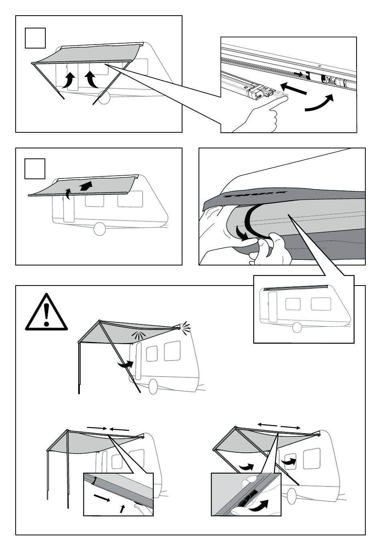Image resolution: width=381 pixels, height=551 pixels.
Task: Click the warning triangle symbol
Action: point(46,312)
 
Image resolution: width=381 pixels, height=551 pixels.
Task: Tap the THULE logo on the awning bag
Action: point(255,195)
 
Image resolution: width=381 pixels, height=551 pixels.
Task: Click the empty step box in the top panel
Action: point(35,38)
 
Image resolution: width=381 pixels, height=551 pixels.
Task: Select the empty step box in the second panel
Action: point(35,169)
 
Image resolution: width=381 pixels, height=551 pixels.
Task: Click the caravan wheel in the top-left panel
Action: point(104,98)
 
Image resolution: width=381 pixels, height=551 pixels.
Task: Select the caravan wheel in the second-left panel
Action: point(99,229)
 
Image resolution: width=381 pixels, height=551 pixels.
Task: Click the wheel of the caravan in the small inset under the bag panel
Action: point(297,327)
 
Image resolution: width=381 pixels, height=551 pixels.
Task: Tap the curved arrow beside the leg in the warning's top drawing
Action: point(125,365)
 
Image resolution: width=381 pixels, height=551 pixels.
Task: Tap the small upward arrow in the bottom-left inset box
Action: point(123,508)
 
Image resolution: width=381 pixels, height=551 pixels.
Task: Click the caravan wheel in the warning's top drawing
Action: point(153,387)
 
